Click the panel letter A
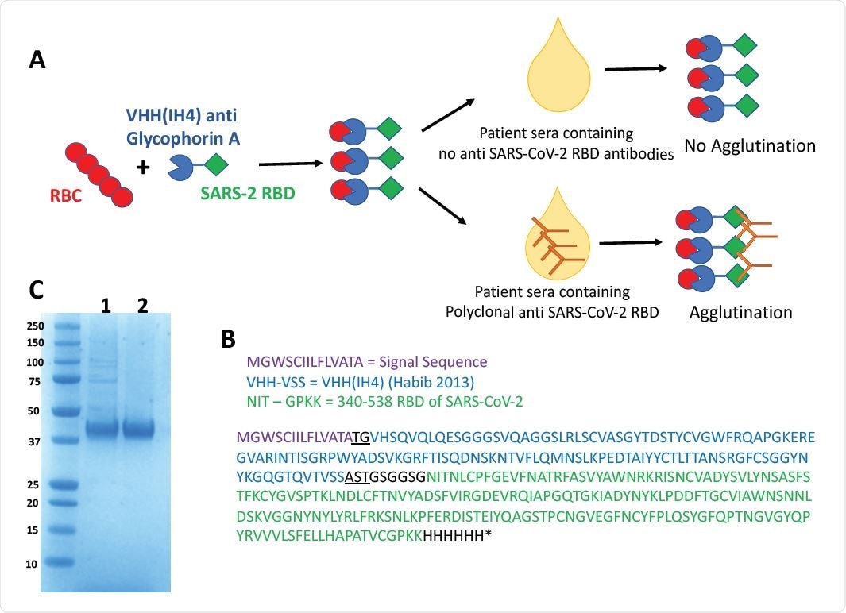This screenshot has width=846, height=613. point(37,60)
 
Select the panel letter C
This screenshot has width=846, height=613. point(37,291)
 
